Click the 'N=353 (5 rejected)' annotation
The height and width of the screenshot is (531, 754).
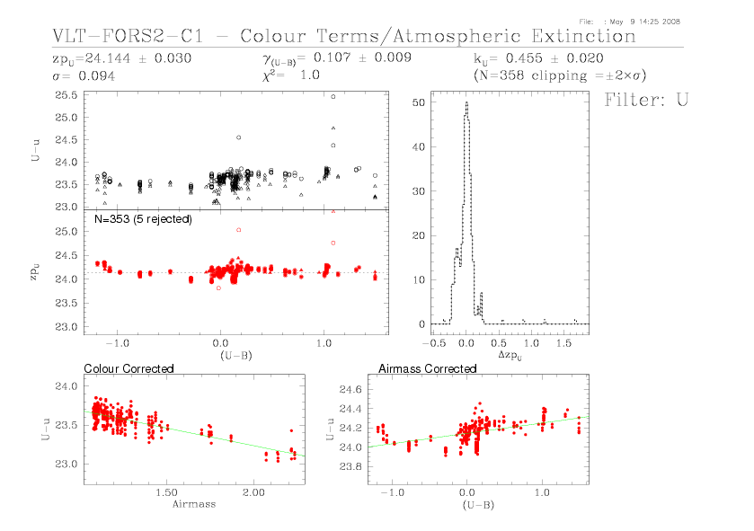(142, 218)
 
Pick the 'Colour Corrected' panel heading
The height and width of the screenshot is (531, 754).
(129, 369)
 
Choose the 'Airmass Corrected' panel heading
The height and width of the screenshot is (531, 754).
(427, 369)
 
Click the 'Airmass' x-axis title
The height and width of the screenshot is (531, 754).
(193, 504)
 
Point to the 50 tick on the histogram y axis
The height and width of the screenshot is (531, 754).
(418, 103)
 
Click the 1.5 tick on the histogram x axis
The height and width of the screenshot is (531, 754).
(563, 343)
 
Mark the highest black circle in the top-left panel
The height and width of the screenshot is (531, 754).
(333, 96)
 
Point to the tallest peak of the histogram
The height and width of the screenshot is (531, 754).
(466, 102)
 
